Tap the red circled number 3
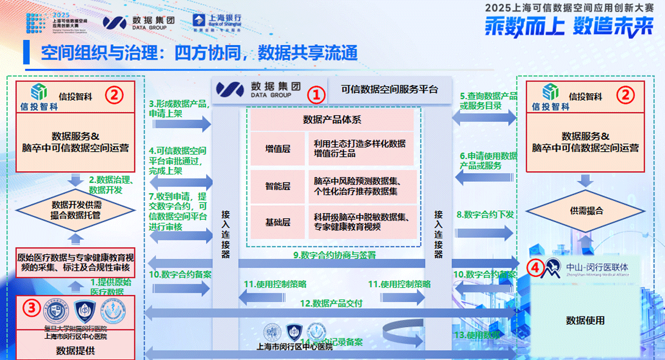point(32,308)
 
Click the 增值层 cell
point(277,149)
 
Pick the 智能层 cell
point(277,186)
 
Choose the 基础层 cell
point(277,222)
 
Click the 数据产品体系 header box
point(332,120)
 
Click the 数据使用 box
point(586,320)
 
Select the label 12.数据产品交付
point(330,303)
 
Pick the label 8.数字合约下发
point(485,214)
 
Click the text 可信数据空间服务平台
point(389,89)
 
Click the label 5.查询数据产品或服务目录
point(488,101)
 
